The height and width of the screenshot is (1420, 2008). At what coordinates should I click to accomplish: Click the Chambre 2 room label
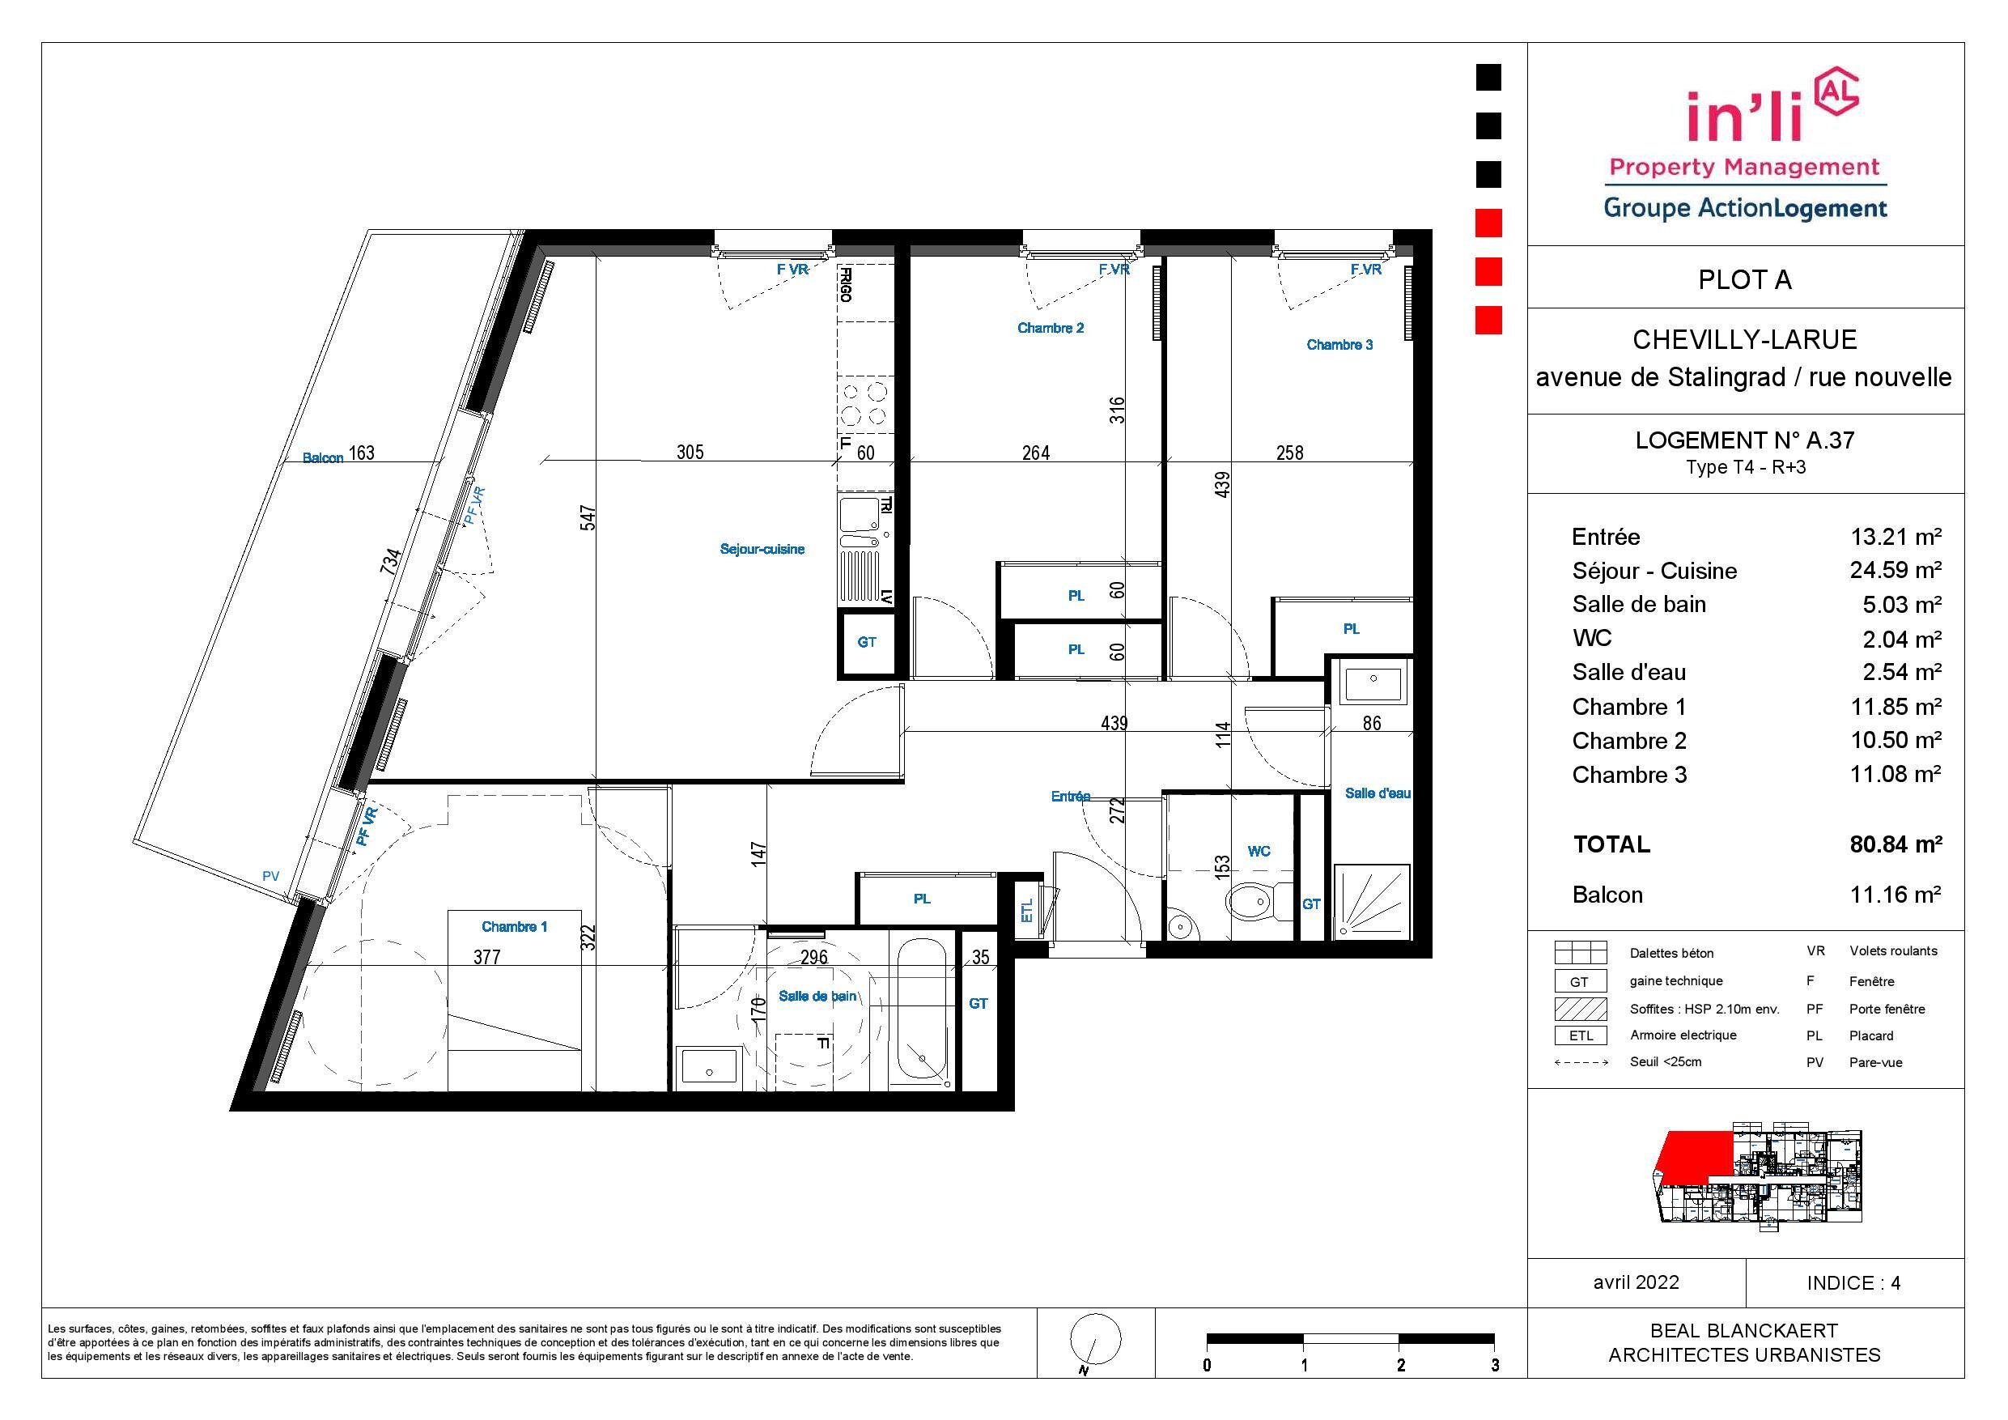point(1051,328)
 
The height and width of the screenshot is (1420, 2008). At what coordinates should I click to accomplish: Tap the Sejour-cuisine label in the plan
point(762,550)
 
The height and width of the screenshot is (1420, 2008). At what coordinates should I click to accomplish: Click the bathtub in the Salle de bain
point(923,1014)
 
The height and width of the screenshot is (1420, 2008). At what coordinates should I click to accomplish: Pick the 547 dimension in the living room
point(588,517)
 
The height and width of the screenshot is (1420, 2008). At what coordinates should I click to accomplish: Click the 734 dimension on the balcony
point(391,560)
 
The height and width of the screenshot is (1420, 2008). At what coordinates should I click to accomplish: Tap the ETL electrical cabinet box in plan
point(1027,911)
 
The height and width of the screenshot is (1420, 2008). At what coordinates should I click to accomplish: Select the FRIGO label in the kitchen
point(846,284)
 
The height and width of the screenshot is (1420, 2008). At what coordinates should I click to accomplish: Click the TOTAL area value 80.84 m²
point(1896,844)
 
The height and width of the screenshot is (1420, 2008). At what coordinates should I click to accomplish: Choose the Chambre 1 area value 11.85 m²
point(1896,706)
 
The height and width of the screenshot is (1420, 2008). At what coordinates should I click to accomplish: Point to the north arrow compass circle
point(1096,1341)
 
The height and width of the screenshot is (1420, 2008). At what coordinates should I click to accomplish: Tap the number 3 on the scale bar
point(1495,1367)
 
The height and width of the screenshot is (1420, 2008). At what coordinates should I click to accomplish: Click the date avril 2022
point(1637,1282)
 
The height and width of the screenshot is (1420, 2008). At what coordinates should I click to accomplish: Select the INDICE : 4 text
point(1853,1283)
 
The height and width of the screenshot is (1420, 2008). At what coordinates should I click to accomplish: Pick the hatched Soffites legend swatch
point(1581,1008)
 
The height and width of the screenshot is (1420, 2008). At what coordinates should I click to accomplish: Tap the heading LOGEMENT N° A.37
point(1745,440)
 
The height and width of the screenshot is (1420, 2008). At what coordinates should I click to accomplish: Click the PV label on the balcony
point(270,877)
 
